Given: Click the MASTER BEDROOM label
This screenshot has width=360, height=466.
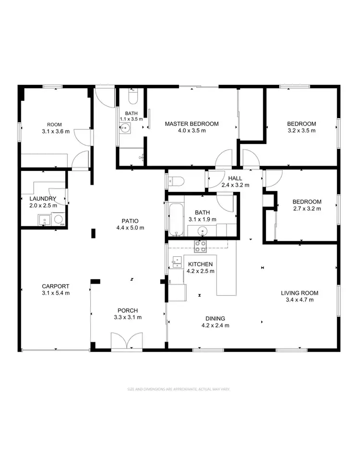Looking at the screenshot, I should [192, 124].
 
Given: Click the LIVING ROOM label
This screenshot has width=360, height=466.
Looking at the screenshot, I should [300, 293].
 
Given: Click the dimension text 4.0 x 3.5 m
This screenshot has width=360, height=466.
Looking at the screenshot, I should [192, 131].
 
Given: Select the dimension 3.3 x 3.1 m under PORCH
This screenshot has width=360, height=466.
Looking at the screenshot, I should [127, 317].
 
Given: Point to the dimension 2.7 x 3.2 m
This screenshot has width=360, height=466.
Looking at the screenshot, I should [307, 209].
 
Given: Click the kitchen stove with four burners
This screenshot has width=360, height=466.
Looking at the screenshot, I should [200, 247].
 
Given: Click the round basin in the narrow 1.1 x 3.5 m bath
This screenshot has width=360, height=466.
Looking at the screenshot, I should [125, 128].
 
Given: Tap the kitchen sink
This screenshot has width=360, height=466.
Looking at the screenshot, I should [176, 262].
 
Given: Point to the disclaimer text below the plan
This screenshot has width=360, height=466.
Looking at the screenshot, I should [179, 389].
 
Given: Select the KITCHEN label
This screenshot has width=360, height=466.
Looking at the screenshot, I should [200, 264].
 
